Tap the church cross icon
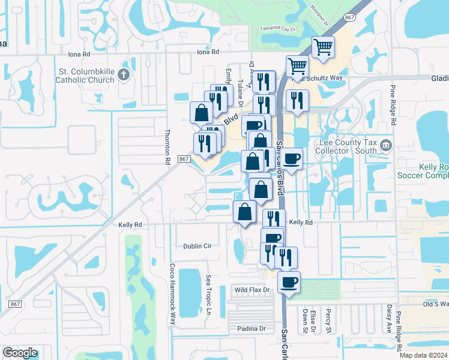tap(124, 74)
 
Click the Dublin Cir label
tap(198, 246)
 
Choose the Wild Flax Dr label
tap(253, 290)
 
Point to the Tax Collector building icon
tap(385, 145)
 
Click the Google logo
tap(20, 352)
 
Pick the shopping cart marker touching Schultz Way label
tap(297, 66)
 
